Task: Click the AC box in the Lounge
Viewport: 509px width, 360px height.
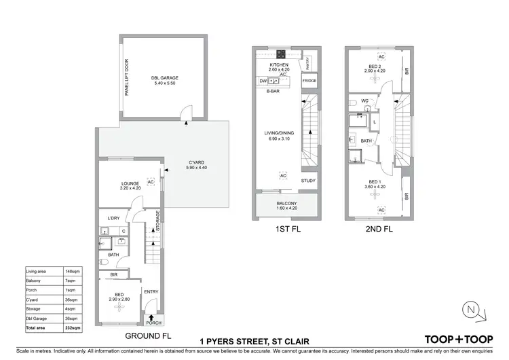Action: coord(151,182)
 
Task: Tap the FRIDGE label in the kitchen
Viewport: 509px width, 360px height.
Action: coord(309,80)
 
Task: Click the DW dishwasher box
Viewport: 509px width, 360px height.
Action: coord(263,81)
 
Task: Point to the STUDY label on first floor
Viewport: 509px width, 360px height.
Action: coord(309,181)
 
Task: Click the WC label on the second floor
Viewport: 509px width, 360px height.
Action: coord(364,101)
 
